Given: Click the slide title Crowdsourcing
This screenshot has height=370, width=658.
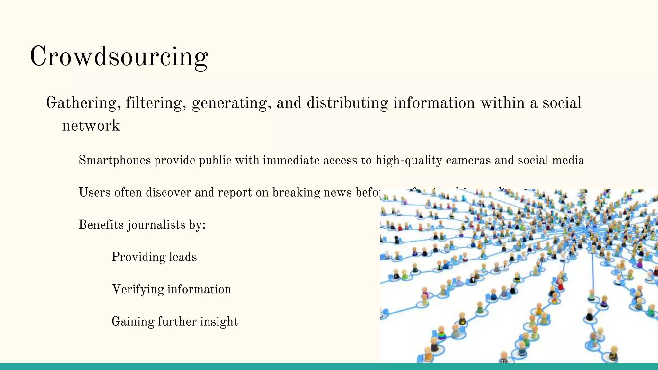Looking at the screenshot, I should [119, 56].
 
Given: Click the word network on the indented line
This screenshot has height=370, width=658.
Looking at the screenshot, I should [91, 125].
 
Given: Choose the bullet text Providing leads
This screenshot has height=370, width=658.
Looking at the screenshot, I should [154, 257].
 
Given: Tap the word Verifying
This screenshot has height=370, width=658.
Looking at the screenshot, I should [138, 289].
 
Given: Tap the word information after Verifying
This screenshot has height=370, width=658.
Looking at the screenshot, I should [199, 289].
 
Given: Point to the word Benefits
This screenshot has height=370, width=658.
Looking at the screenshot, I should [101, 225].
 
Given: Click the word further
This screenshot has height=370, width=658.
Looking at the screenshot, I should [177, 322].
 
